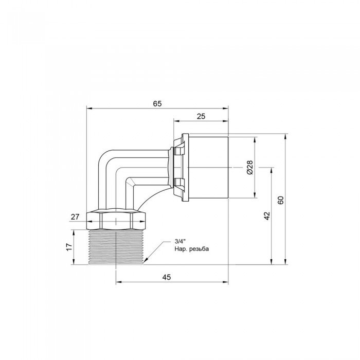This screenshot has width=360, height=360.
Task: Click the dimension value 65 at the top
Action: click(x=157, y=103)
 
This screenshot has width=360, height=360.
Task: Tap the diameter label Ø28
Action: click(x=249, y=167)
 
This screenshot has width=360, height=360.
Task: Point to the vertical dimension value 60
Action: click(x=281, y=200)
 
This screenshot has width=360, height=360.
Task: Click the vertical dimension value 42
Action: click(x=266, y=216)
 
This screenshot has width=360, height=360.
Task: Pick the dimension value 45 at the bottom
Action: click(x=166, y=277)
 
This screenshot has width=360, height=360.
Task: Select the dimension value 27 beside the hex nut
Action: click(x=75, y=217)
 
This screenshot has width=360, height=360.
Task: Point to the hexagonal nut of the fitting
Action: click(x=119, y=221)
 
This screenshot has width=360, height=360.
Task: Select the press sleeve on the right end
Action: click(x=208, y=167)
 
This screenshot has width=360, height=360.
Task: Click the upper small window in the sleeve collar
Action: click(x=178, y=151)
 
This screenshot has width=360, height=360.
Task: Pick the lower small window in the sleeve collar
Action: click(x=178, y=182)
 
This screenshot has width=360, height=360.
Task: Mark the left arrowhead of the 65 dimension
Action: click(x=88, y=109)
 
